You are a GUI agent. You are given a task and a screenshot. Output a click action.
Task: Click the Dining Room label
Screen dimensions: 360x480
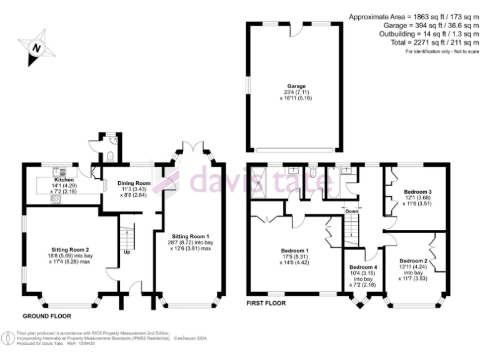click(x=134, y=183)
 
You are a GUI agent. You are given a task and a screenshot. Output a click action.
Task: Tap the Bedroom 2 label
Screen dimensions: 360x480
click(x=413, y=261)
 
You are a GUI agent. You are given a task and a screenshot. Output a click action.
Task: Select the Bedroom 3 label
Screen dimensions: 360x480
click(x=417, y=191)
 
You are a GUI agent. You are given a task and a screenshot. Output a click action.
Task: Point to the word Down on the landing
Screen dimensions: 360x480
click(x=352, y=211)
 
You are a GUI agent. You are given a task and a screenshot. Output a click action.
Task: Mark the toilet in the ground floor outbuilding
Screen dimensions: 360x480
click(x=111, y=156)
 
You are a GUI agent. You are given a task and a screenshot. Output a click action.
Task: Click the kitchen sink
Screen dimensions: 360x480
click(x=62, y=171)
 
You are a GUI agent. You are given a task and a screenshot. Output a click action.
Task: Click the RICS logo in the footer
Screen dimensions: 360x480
click(x=7, y=338)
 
